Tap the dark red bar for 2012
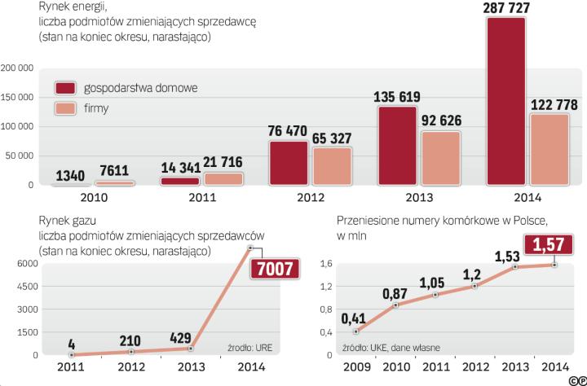click(x=289, y=164)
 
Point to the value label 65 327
click(x=332, y=137)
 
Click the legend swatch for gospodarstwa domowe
click(x=64, y=87)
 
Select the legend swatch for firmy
click(x=64, y=107)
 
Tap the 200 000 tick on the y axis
click(x=17, y=68)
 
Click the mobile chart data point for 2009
click(x=356, y=331)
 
